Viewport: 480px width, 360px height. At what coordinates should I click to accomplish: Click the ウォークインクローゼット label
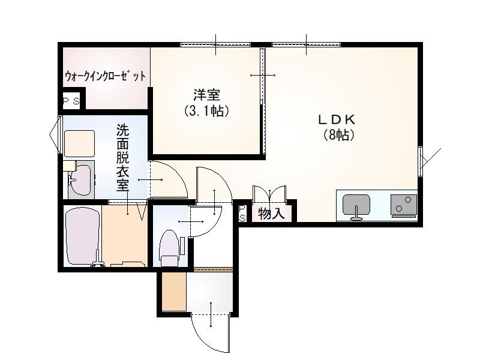click(105, 76)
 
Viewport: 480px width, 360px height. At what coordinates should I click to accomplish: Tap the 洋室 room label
click(206, 95)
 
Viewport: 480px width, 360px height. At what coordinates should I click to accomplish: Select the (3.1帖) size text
click(206, 111)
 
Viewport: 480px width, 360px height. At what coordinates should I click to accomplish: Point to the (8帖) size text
click(338, 135)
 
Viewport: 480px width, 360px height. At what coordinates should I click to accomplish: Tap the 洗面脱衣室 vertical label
click(122, 157)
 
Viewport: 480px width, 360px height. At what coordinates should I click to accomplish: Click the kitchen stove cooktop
click(403, 205)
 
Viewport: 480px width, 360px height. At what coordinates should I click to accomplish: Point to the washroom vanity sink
click(80, 180)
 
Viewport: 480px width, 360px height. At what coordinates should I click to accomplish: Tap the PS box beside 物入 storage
click(242, 213)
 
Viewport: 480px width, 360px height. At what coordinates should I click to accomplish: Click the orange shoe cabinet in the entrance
click(173, 292)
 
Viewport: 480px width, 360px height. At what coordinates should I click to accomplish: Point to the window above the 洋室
click(215, 44)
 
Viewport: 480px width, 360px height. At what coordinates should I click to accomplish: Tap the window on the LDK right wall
click(421, 157)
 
